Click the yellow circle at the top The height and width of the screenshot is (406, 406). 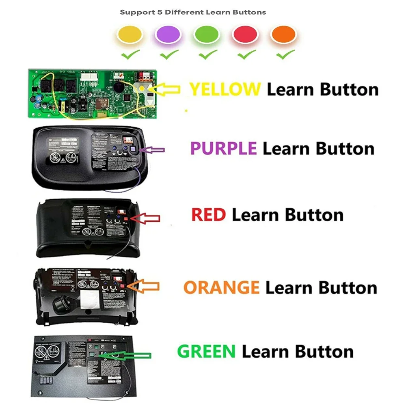click(129, 34)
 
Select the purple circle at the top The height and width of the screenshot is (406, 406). click(168, 34)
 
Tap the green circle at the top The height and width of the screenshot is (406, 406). click(206, 34)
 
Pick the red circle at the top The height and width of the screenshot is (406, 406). click(245, 34)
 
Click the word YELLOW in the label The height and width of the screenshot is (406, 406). click(225, 89)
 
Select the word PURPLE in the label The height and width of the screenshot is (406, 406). click(223, 149)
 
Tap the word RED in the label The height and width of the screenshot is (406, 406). click(208, 214)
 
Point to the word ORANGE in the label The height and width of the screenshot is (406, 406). click(221, 287)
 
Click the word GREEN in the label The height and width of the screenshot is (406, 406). click(206, 351)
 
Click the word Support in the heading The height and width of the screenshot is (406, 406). click(134, 12)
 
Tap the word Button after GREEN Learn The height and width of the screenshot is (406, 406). click(324, 351)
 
